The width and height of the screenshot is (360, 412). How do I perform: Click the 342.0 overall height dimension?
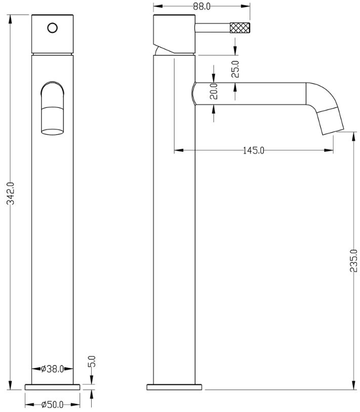click(x=11, y=194)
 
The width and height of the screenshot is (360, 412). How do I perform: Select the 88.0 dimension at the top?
click(x=202, y=6)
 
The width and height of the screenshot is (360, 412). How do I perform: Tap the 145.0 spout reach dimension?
click(x=253, y=151)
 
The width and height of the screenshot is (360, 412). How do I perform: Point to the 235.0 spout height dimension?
click(x=354, y=260)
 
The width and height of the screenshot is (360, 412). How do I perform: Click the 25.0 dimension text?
click(x=235, y=69)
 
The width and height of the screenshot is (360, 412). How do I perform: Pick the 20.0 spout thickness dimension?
click(x=214, y=91)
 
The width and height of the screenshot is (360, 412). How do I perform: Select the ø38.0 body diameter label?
click(x=53, y=369)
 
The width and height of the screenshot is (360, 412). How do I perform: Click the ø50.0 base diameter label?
click(x=53, y=404)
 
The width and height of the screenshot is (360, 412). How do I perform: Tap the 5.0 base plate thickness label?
click(x=93, y=361)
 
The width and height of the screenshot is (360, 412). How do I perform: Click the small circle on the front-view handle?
click(x=53, y=28)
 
